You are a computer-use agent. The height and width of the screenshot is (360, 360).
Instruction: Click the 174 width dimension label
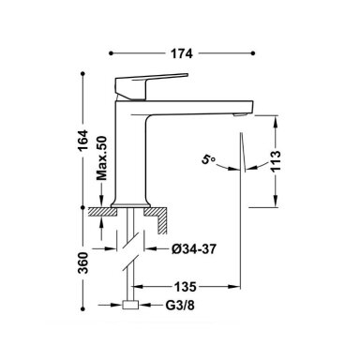pyautogui.click(x=182, y=53)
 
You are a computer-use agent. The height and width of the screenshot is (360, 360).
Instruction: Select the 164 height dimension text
pyautogui.click(x=83, y=141)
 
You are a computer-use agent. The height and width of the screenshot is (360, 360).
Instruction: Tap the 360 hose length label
pyautogui.click(x=83, y=262)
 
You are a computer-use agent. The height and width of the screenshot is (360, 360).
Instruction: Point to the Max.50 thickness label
pyautogui.click(x=101, y=158)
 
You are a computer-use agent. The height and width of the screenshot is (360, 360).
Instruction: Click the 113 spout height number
pyautogui.click(x=276, y=161)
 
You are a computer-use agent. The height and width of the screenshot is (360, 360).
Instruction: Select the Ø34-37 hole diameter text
pyautogui.click(x=194, y=249)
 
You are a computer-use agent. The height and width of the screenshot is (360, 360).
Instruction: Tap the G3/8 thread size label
pyautogui.click(x=180, y=306)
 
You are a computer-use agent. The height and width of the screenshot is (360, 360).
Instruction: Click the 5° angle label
pyautogui.click(x=208, y=159)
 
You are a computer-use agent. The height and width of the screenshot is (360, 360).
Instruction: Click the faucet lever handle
pyautogui.click(x=147, y=85)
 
